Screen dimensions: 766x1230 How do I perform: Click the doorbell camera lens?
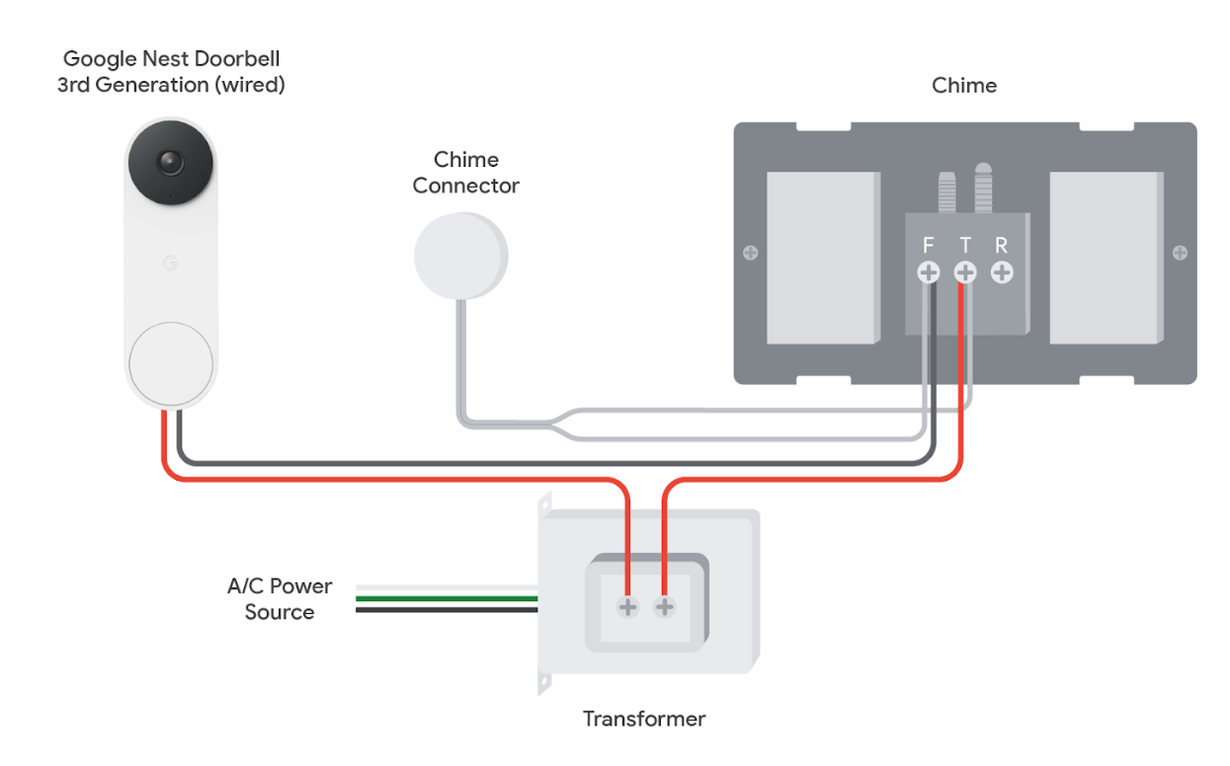(x=170, y=162)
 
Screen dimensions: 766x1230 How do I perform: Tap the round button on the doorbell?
(x=170, y=362)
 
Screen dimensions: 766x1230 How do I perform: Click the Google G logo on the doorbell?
(x=170, y=264)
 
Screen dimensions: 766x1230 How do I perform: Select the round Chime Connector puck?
(x=459, y=256)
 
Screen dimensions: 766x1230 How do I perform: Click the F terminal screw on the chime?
(x=929, y=272)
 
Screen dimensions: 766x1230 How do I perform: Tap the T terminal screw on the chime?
(x=965, y=272)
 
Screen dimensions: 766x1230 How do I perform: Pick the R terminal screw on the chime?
(x=1002, y=272)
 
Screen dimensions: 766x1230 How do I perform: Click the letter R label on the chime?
(x=1002, y=246)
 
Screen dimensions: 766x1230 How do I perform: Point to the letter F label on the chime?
(x=929, y=246)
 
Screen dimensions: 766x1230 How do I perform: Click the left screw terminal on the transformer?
(x=628, y=606)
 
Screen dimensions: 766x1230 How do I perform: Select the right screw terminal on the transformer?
(x=665, y=606)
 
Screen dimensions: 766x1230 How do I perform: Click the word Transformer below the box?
(x=644, y=719)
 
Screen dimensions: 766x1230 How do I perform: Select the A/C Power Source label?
(x=280, y=599)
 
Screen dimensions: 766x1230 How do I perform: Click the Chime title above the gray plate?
(x=964, y=86)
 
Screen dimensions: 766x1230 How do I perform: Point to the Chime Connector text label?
(x=466, y=172)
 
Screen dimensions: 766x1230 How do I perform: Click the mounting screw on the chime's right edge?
(x=1180, y=253)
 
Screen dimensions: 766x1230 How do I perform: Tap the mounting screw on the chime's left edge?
(x=751, y=253)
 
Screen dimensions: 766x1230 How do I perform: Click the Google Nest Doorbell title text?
(x=171, y=72)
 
